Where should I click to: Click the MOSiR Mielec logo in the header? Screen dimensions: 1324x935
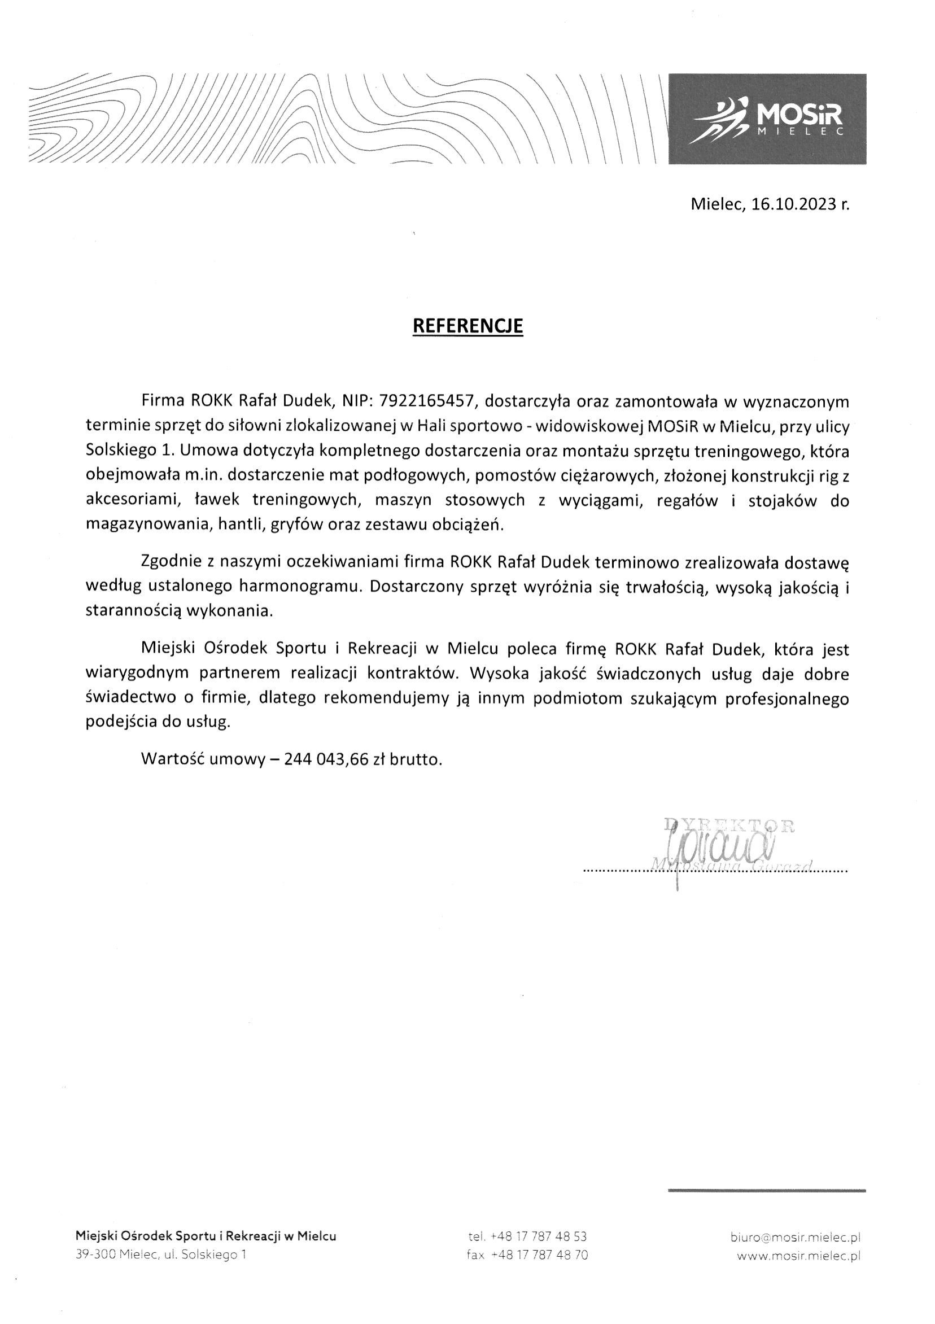click(x=767, y=119)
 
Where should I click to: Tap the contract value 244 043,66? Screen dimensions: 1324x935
click(x=325, y=759)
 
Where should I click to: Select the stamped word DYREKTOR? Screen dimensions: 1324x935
click(x=729, y=825)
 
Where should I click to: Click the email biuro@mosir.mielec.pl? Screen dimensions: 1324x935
click(x=795, y=1236)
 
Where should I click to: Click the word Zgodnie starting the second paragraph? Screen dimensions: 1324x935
click(x=169, y=561)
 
